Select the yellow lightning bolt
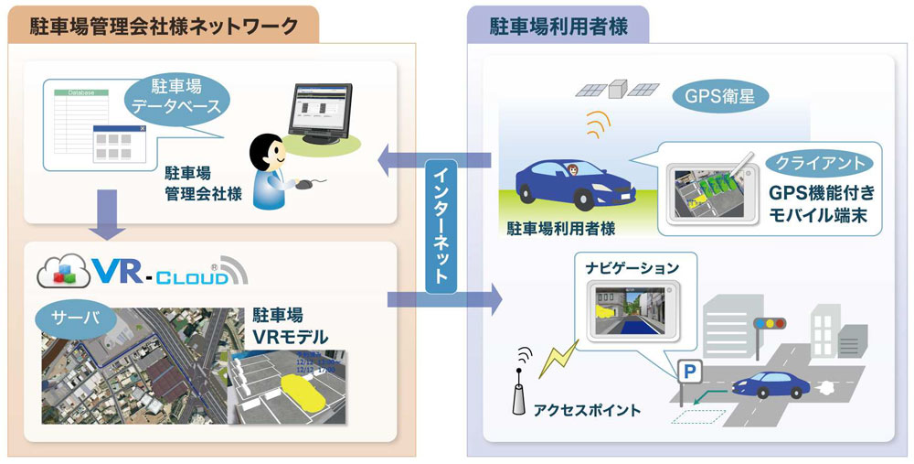pyautogui.click(x=558, y=358)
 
